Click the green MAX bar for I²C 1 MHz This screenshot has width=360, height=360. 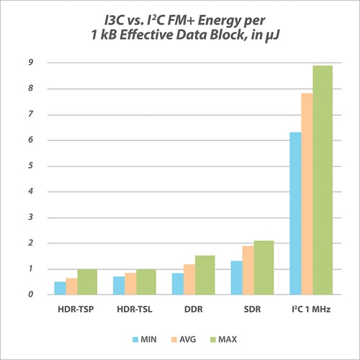[x=323, y=180]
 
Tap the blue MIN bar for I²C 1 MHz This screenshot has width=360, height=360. [x=295, y=213]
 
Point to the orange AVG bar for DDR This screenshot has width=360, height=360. [x=189, y=279]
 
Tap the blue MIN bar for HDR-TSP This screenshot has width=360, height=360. [x=60, y=288]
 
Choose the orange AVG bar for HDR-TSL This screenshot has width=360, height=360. [x=130, y=284]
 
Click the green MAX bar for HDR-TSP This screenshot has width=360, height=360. [x=87, y=282]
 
